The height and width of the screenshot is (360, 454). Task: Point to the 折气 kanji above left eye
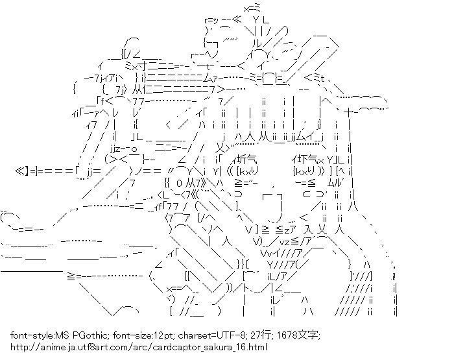click(x=247, y=159)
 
